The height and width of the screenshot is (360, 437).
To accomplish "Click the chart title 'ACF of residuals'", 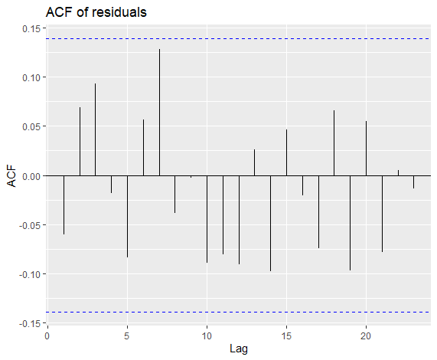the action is coord(96,12).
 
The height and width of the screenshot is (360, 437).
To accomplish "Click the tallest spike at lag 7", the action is coord(159,113).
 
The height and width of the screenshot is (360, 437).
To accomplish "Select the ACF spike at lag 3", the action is coord(96,129).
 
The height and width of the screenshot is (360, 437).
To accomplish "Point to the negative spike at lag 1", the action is coord(64,205).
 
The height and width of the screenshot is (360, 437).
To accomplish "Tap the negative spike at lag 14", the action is coord(270,224).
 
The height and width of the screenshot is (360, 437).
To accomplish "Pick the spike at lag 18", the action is coord(334,143).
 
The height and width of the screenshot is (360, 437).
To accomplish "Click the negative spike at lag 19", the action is coord(350,223).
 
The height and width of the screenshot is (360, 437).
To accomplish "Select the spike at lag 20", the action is coord(366,149).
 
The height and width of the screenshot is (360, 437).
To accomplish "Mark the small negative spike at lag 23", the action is coord(413,182).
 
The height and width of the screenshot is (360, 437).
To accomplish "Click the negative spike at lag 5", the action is coord(127,217).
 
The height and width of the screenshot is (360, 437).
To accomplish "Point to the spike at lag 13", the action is coord(254,162).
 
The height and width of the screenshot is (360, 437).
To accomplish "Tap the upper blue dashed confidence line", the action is coord(239,38).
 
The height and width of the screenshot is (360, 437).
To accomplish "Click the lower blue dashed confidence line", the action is coord(239,312).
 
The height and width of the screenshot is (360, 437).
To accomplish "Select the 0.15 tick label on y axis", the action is coord(31,28).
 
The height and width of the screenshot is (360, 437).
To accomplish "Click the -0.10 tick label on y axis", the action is coord(30,274).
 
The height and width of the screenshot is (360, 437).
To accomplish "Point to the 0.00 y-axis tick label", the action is coord(31,176).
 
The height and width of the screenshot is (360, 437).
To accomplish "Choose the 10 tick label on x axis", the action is coord(207,336).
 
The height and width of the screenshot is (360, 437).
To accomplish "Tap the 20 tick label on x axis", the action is coord(366,336).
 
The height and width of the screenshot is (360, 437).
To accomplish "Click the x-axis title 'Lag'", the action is coord(239,349).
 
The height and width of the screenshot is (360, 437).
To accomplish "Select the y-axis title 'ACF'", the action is coord(11,176).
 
